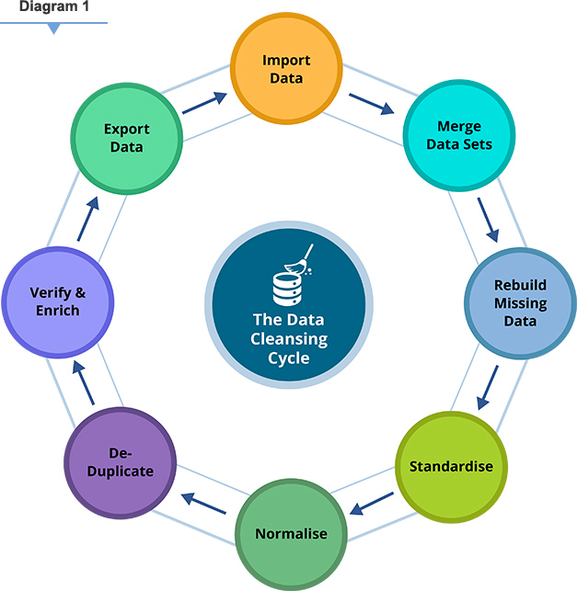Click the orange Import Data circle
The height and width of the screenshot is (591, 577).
(x=285, y=69)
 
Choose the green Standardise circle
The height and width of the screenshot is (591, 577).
(x=450, y=466)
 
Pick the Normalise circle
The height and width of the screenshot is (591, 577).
(x=290, y=533)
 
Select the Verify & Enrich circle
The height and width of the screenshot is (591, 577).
(x=57, y=301)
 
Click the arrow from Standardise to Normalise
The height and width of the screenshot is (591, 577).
(x=373, y=503)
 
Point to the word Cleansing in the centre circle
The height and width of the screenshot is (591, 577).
(x=289, y=339)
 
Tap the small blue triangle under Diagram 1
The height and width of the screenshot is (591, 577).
(x=54, y=29)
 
